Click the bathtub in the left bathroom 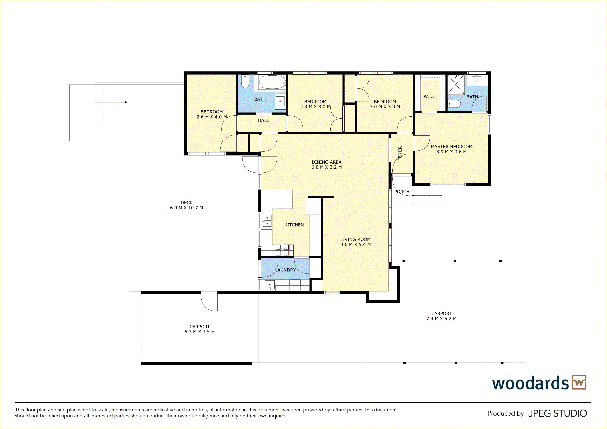(x=272, y=82)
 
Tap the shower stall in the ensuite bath (x=456, y=84)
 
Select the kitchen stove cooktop (x=282, y=250)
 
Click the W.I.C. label (x=430, y=97)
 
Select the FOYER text (x=400, y=153)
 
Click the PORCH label (x=402, y=192)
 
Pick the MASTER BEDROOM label (x=451, y=147)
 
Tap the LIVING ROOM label (x=355, y=239)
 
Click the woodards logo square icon (x=579, y=382)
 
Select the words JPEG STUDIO (x=558, y=413)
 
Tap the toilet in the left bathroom (x=245, y=81)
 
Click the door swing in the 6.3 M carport (x=209, y=302)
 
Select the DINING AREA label (x=326, y=162)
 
